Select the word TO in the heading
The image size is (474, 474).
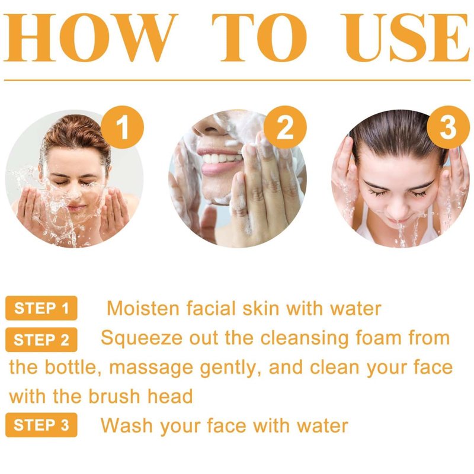[x=260, y=37]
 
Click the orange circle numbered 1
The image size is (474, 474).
[x=123, y=127]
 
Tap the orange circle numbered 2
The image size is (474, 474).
[x=285, y=127]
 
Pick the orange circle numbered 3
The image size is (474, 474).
[x=448, y=127]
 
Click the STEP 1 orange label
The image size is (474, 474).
[x=41, y=308]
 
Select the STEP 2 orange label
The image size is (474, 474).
[x=41, y=340]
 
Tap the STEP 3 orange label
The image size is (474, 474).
[x=41, y=425]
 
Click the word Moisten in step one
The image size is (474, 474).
[x=143, y=308]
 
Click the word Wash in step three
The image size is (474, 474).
[x=127, y=425]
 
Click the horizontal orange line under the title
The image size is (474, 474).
[x=238, y=81]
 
